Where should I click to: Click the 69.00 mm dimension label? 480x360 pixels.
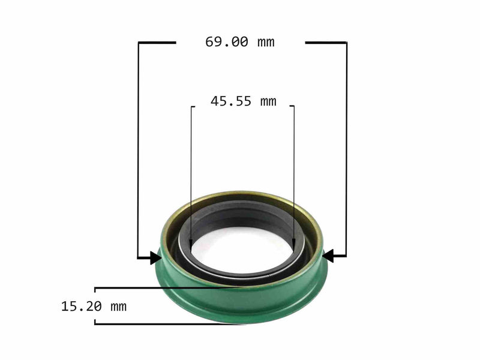[239, 42]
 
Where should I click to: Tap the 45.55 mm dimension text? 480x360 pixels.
[243, 101]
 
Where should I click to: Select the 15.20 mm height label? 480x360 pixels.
[94, 307]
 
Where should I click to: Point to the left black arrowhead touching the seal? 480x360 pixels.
[155, 258]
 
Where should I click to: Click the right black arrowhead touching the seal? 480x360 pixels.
[328, 256]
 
